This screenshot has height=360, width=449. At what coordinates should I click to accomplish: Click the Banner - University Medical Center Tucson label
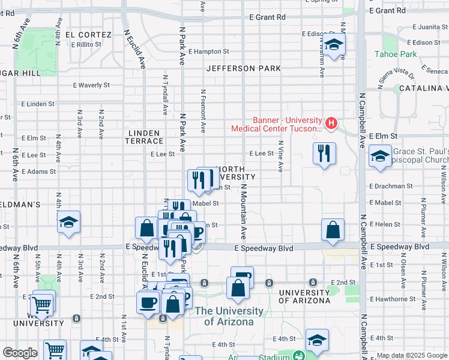point(278,124)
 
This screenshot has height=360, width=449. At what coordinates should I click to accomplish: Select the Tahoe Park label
point(396,54)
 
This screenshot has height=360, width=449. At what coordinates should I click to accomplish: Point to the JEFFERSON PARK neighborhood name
point(244,68)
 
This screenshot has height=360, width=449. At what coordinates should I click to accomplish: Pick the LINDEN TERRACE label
point(144,137)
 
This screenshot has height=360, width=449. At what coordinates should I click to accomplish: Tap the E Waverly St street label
point(91,85)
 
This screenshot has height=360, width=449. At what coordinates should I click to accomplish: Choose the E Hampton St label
point(208,52)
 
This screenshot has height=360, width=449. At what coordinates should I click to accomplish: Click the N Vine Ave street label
point(280,156)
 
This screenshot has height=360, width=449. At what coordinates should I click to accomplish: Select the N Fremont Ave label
point(203,111)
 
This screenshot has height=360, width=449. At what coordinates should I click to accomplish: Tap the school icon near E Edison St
point(335,44)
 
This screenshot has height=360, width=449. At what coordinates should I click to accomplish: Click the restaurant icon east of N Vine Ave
point(324,154)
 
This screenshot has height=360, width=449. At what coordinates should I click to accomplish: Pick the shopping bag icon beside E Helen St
point(333,229)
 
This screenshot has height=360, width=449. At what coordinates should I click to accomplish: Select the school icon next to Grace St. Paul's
point(379,157)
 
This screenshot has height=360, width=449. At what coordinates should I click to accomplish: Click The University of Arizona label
point(229,316)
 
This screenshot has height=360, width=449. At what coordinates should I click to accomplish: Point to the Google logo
point(20,353)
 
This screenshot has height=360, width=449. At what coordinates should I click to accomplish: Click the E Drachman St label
point(390,186)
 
